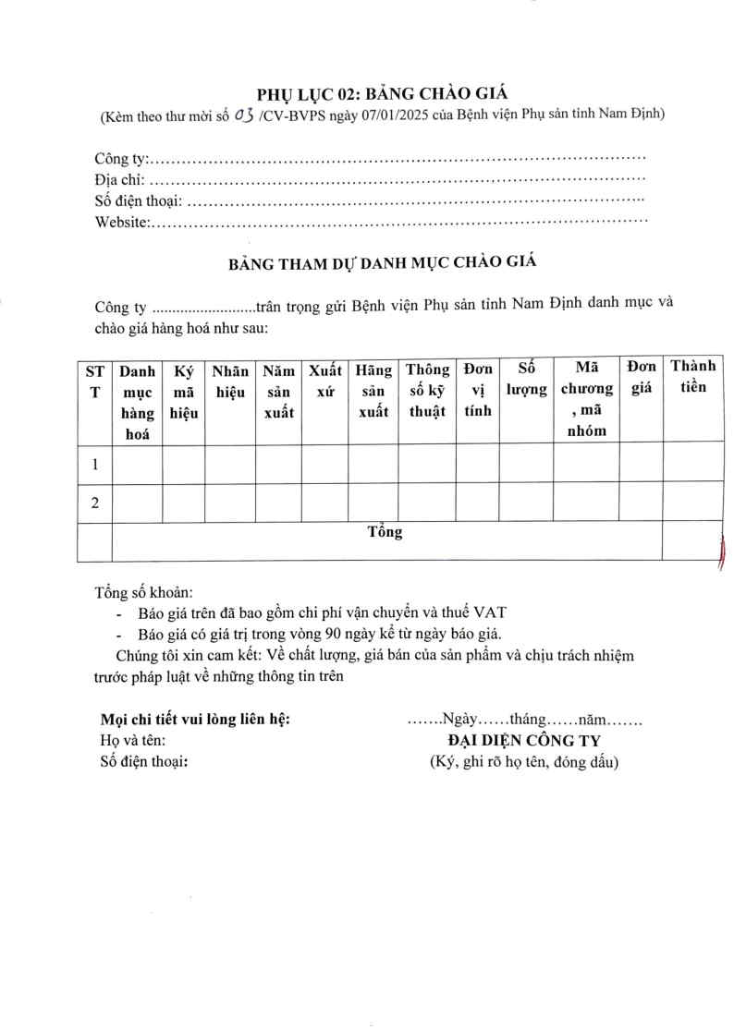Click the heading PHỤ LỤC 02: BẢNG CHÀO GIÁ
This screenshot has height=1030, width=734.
point(382,92)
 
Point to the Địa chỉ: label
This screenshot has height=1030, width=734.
point(120,181)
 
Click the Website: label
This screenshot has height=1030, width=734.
point(123,222)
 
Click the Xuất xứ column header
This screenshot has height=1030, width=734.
point(325,381)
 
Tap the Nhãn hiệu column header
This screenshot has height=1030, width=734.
point(230,381)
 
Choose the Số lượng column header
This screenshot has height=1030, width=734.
point(526,380)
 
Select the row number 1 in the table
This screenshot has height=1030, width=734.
point(94,463)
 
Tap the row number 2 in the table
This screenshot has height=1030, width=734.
point(94,503)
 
